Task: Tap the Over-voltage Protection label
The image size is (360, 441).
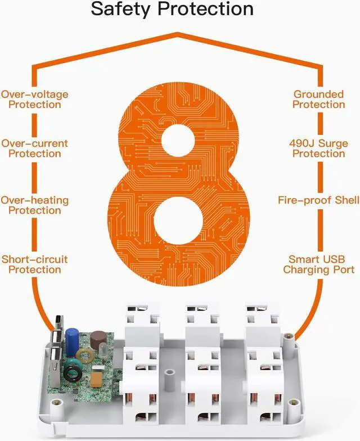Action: [35, 99]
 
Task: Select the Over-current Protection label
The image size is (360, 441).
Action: [35, 148]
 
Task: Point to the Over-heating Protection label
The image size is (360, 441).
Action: [35, 205]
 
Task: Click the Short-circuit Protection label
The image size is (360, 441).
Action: [35, 264]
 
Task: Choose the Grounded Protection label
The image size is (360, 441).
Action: [318, 99]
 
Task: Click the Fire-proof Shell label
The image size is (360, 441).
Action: [318, 200]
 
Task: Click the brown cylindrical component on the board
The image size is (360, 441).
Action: [98, 339]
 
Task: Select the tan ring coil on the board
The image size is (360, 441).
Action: [85, 355]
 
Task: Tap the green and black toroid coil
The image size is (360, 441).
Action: [73, 371]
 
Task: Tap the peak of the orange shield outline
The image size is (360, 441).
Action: [178, 34]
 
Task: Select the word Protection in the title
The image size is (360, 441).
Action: [206, 8]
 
